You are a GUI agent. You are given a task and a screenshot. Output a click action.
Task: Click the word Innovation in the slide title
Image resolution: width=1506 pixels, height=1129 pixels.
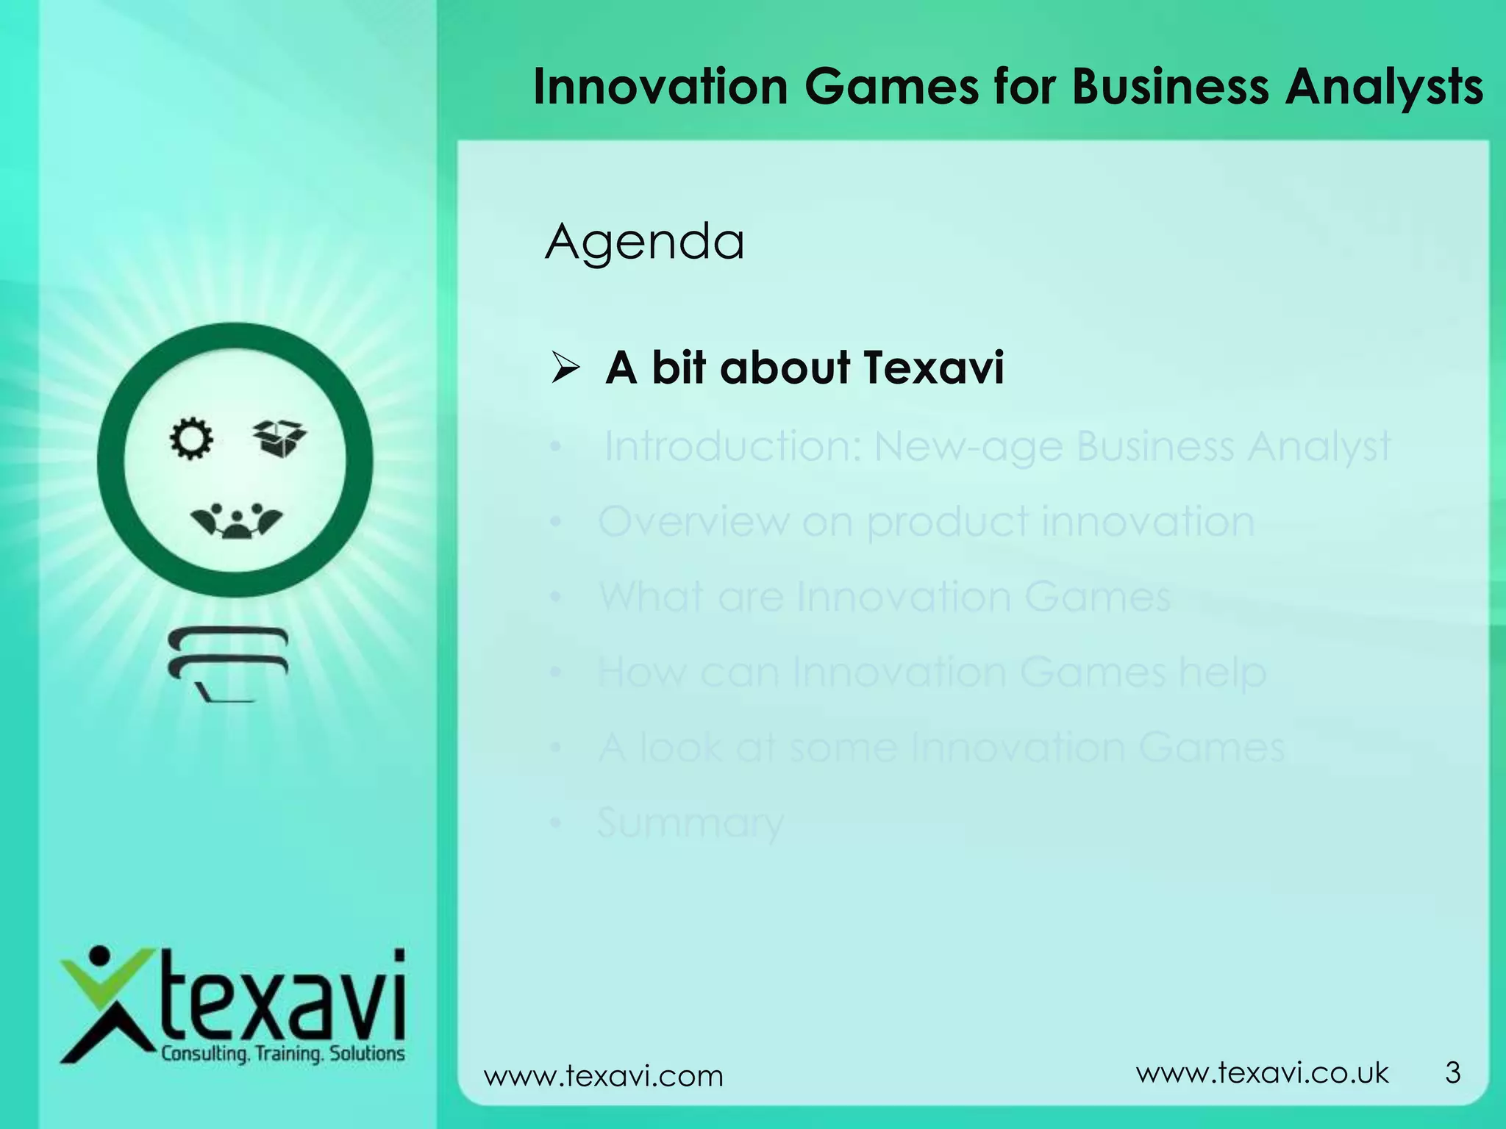(660, 87)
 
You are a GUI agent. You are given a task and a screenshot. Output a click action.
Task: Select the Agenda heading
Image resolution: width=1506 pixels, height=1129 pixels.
(644, 242)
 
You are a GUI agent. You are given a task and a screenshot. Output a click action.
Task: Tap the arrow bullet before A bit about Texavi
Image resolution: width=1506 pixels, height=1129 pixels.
(566, 368)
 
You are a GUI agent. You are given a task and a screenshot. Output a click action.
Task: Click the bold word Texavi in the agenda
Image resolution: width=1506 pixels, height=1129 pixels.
(933, 368)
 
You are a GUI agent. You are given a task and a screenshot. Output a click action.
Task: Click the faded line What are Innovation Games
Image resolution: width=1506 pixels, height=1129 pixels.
(885, 597)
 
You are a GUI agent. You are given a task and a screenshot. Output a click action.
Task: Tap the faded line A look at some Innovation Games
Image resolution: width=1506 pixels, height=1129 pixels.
(941, 748)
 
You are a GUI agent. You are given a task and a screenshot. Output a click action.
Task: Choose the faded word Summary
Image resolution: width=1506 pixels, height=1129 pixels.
(690, 823)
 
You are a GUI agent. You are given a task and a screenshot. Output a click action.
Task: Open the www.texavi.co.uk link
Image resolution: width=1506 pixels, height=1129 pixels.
(1262, 1073)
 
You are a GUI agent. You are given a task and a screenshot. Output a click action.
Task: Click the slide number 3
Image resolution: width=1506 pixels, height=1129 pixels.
(1452, 1073)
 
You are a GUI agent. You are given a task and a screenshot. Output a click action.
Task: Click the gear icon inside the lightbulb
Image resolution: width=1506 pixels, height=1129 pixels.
(191, 439)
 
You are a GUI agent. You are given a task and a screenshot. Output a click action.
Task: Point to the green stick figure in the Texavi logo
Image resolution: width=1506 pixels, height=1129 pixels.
(103, 1007)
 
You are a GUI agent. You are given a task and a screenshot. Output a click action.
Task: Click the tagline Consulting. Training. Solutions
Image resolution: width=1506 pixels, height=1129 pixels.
(283, 1054)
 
